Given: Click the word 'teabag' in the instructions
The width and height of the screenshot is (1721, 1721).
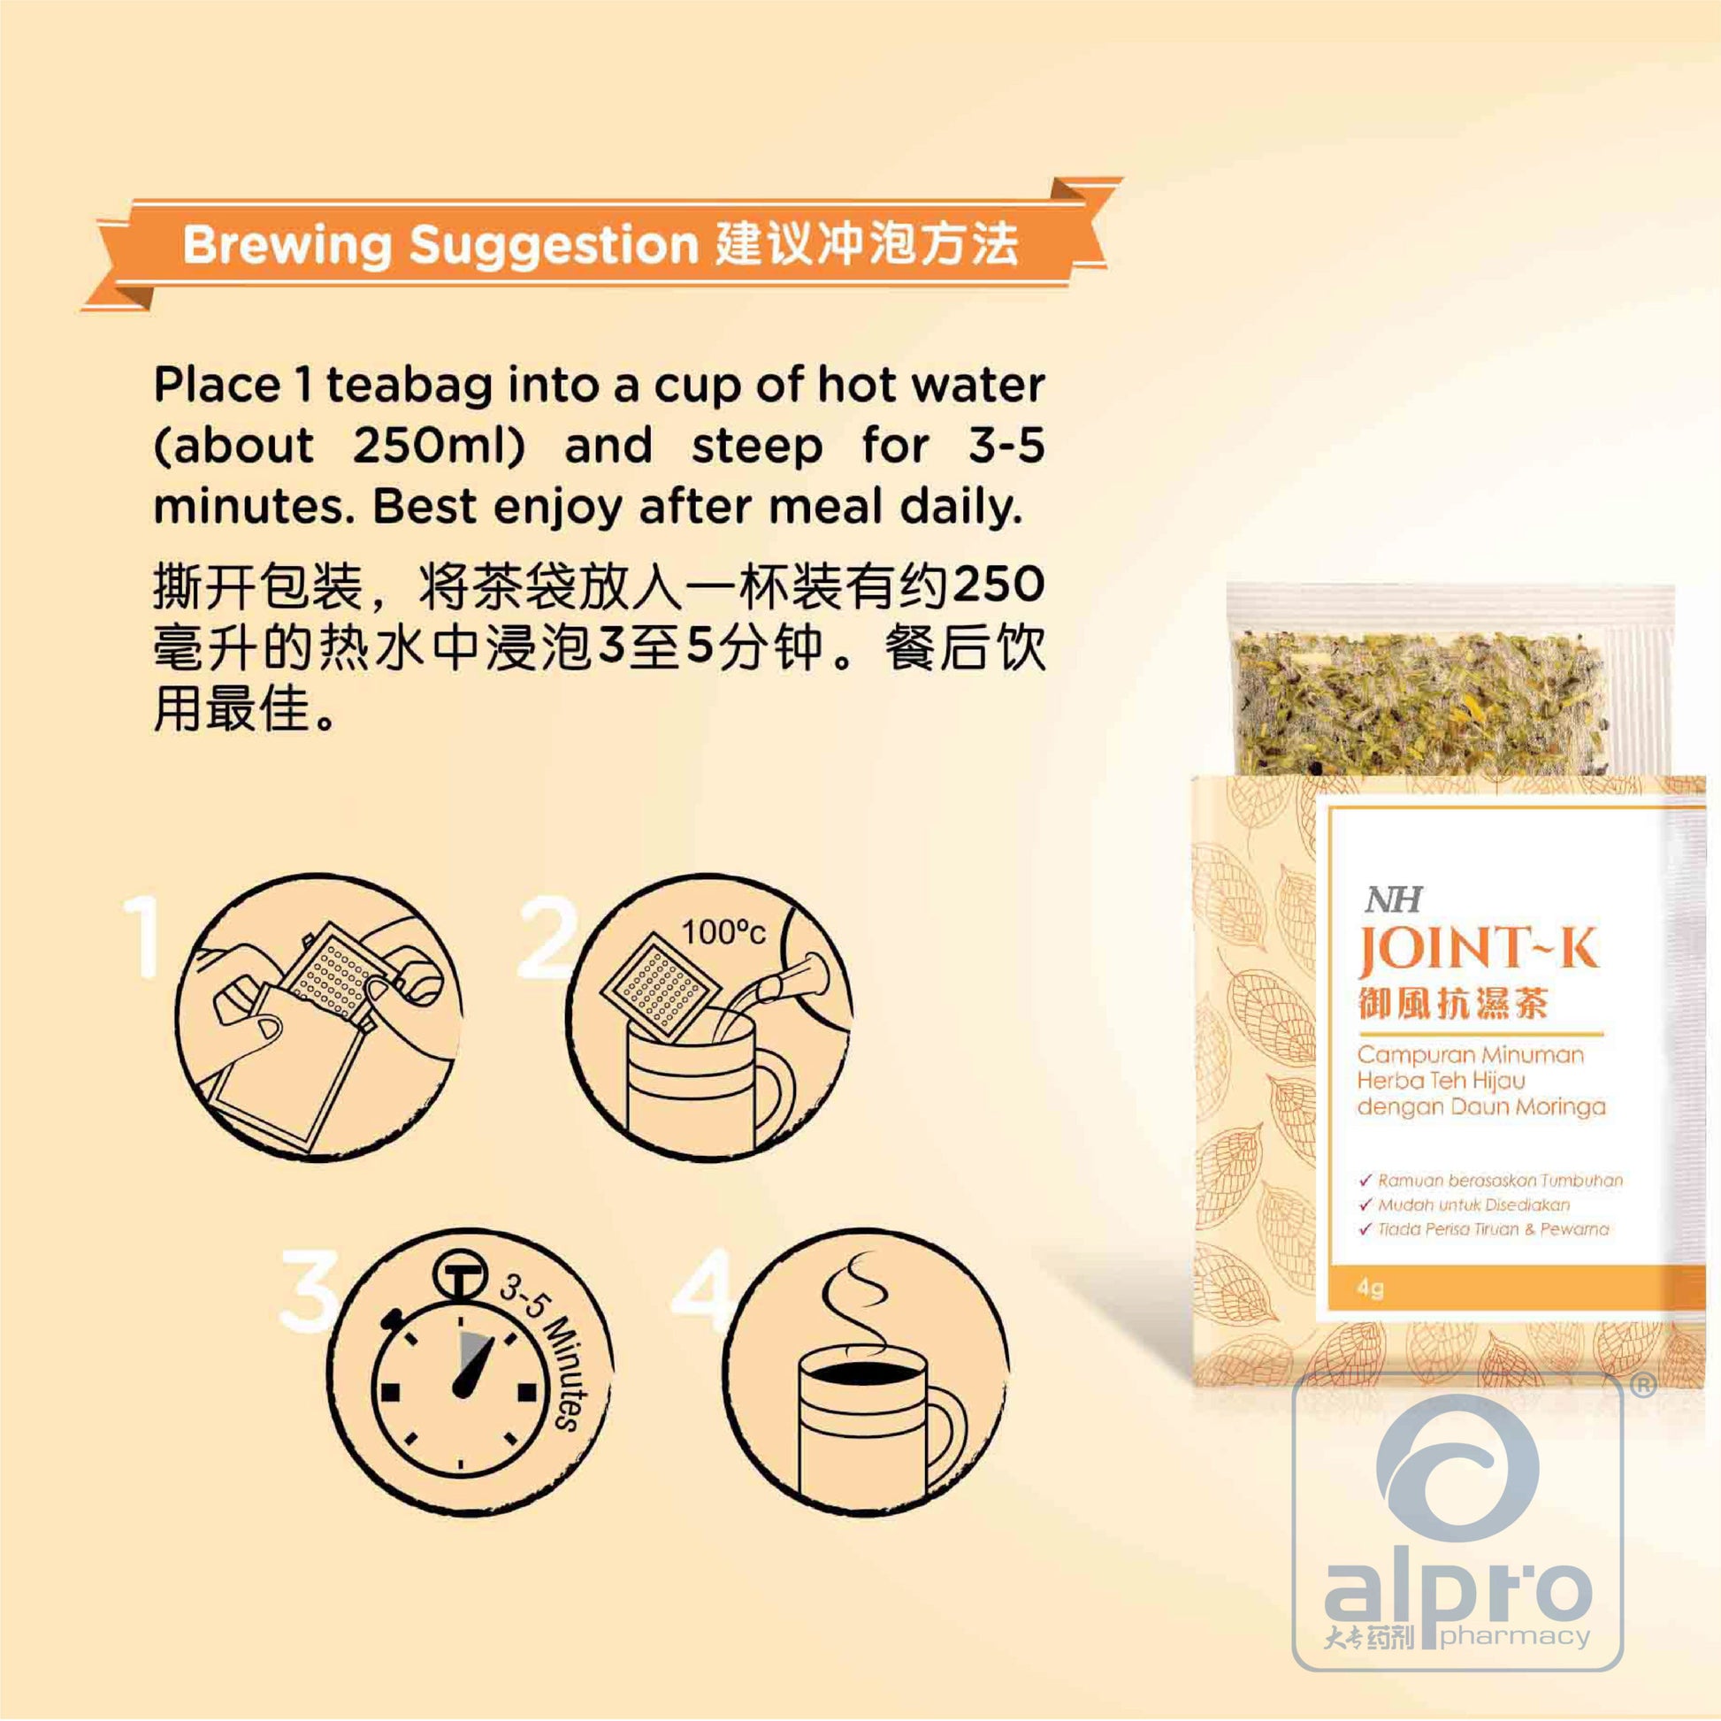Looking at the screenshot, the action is [409, 386].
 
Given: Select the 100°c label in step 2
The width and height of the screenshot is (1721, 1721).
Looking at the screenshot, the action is [723, 933].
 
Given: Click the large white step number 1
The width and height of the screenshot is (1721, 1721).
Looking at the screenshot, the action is [142, 937].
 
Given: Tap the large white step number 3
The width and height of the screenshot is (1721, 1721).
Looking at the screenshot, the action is [308, 1289].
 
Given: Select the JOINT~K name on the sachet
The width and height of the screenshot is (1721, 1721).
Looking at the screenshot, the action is [1478, 950].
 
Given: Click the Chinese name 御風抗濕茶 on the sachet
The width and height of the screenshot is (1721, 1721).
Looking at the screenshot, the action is [1453, 1003].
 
